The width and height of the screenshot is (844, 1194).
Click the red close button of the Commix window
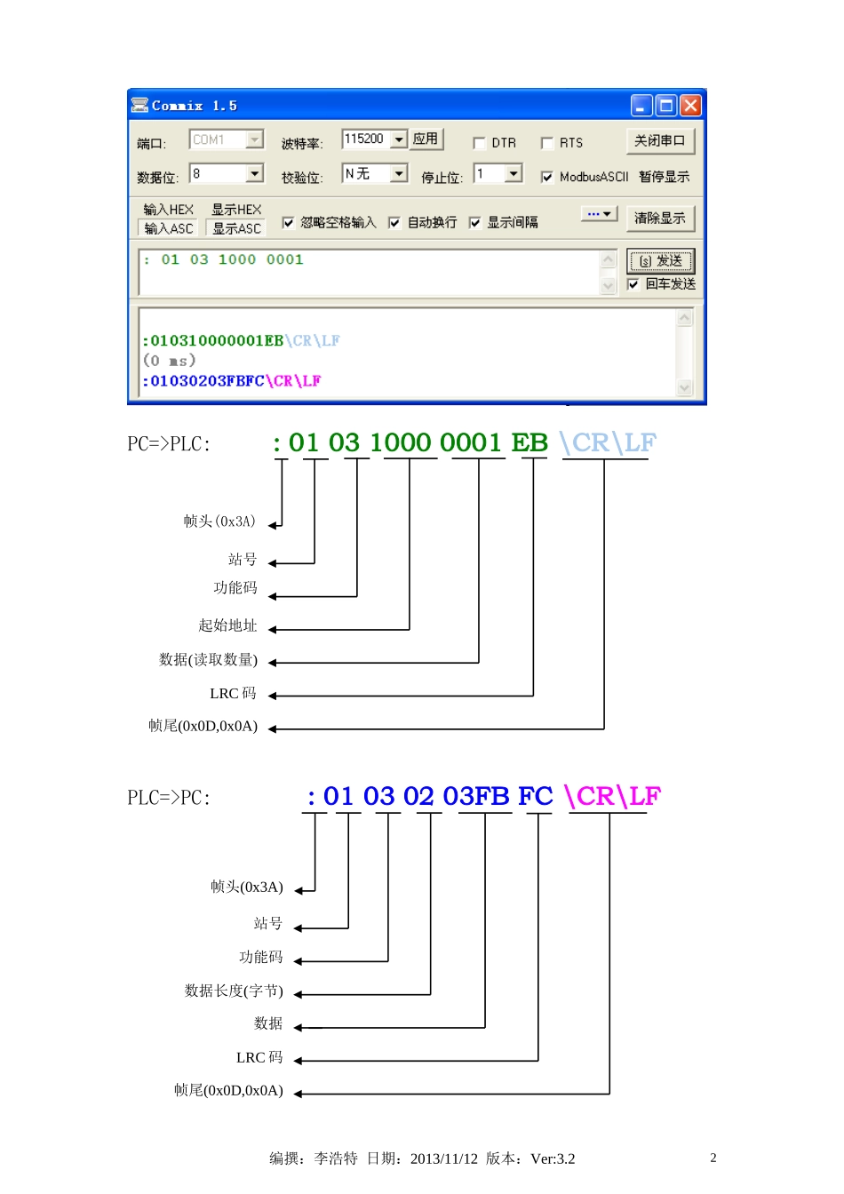pos(690,106)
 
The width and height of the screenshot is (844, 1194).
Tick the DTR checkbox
pos(480,143)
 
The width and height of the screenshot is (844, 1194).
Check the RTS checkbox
pos(547,143)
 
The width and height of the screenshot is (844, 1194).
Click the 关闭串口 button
pos(659,140)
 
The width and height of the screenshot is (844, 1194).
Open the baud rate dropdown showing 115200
pos(399,139)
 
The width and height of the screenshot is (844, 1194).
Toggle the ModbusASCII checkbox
pos(547,177)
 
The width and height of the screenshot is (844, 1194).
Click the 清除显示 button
pos(659,218)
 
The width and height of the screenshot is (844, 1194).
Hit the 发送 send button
pos(660,261)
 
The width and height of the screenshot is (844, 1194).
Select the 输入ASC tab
pos(169,228)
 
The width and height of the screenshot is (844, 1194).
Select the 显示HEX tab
pos(236,210)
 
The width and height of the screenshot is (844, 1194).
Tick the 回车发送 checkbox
pos(633,284)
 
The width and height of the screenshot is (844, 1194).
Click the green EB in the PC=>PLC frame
pos(529,442)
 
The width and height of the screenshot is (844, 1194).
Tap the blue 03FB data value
pos(476,796)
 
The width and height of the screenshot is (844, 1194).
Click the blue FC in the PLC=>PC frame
pos(536,796)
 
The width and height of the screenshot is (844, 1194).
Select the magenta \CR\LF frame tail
pos(612,796)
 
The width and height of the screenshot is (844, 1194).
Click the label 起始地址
pos(227,625)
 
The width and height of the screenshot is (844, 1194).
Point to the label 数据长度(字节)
pos(234,991)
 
